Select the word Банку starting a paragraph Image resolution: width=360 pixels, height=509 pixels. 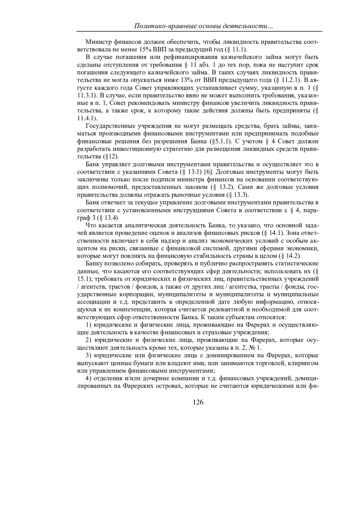point(94,263)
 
